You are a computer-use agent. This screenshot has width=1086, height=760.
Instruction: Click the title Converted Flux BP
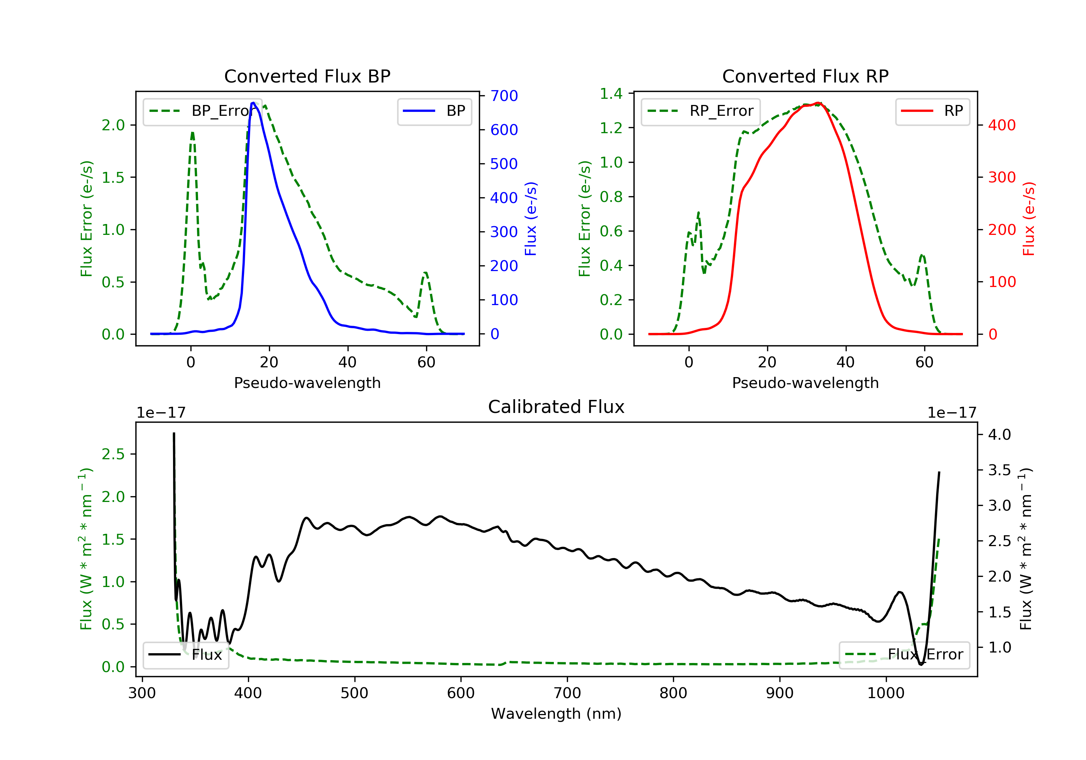click(307, 76)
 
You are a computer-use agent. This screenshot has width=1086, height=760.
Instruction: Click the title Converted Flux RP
click(805, 76)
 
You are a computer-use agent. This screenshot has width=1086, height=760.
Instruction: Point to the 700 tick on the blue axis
click(504, 96)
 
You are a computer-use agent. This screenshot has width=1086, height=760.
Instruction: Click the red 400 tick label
click(1002, 125)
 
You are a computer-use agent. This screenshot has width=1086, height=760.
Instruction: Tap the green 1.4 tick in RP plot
click(611, 94)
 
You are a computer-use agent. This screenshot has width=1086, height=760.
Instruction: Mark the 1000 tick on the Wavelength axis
click(885, 693)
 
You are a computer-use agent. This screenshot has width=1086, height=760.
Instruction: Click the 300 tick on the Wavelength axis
click(142, 693)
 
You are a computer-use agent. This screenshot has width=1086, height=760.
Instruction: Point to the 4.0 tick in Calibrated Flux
click(999, 435)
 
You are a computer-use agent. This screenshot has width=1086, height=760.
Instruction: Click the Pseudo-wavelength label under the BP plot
click(307, 383)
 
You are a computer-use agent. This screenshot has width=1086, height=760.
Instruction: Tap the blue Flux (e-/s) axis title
click(531, 219)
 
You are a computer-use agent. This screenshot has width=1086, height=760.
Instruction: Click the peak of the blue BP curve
click(253, 103)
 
